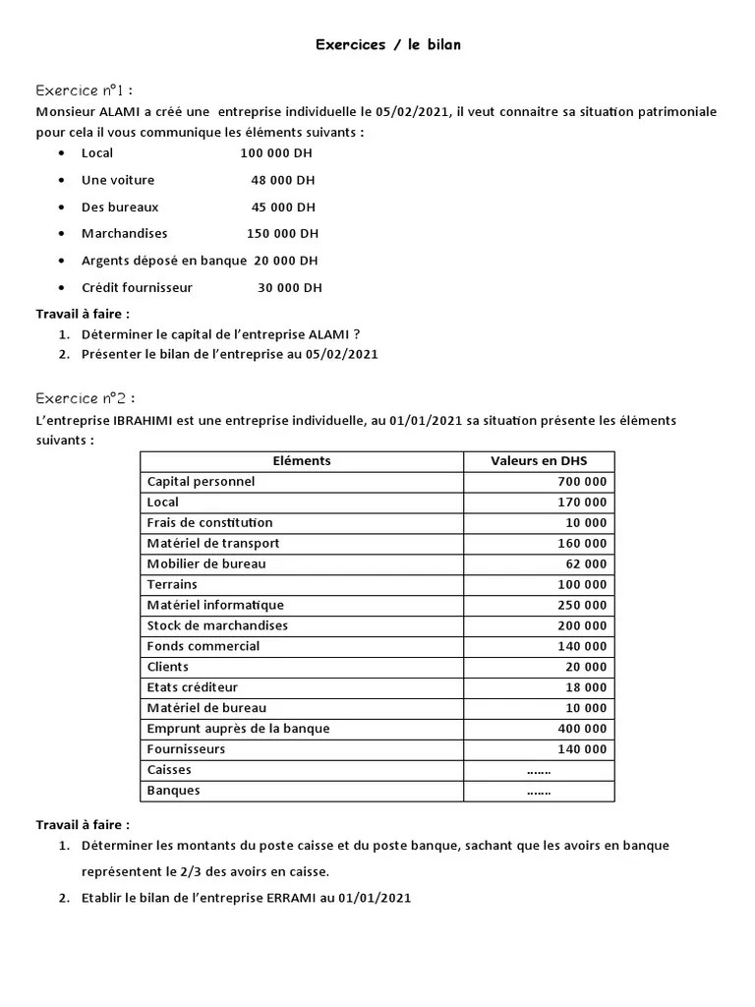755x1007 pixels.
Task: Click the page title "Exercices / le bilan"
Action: [387, 44]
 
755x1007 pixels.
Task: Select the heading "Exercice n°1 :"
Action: [84, 90]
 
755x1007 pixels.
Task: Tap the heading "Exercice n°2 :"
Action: [86, 398]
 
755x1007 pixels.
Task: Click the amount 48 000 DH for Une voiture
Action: [283, 180]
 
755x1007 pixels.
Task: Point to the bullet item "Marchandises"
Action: [124, 234]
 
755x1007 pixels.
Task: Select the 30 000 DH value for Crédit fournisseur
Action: [289, 288]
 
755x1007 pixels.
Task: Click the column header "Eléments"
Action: [301, 461]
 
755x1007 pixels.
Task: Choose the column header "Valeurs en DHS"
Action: [538, 461]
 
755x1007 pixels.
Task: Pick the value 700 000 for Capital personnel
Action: [582, 482]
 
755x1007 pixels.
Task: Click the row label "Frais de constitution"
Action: [209, 523]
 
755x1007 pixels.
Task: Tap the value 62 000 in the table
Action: [586, 564]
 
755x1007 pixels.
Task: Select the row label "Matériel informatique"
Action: [215, 606]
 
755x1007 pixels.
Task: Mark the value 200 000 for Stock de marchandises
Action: [582, 625]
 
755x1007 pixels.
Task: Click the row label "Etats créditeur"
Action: [192, 687]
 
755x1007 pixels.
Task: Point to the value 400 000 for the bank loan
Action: [582, 729]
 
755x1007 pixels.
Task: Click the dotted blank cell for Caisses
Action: [539, 770]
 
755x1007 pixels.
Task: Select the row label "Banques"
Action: [173, 791]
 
